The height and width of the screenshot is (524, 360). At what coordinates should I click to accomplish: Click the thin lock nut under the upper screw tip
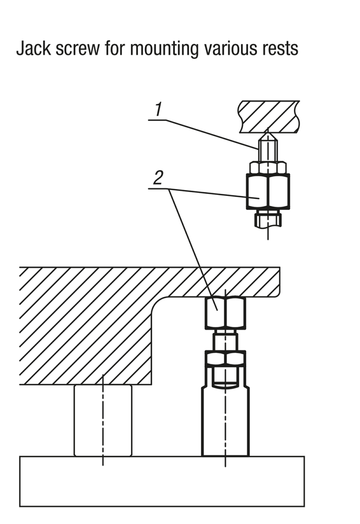coord(268,167)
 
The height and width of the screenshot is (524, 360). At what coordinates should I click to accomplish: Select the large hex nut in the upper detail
coord(268,191)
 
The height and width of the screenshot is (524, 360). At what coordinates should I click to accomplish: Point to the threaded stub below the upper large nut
coord(268,218)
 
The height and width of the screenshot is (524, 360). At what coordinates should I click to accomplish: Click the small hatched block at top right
coord(269,115)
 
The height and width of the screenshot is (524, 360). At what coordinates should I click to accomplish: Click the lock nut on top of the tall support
coord(225,359)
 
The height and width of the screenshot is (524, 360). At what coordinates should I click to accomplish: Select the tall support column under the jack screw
coord(225,424)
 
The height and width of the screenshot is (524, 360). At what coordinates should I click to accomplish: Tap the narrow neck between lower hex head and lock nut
coord(225,341)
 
